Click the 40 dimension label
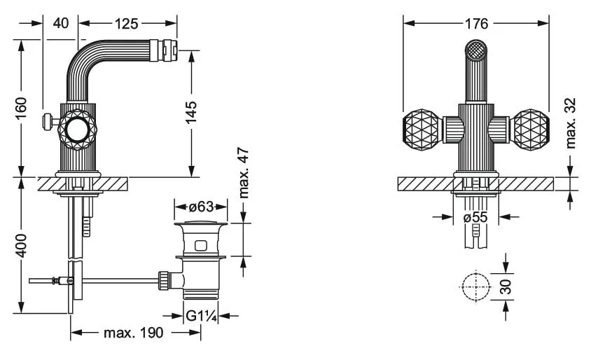tap(60, 24)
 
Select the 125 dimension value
tap(125, 24)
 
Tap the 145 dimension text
tap(190, 112)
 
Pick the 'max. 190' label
tap(134, 333)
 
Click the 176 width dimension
tap(476, 24)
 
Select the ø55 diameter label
tap(475, 218)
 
